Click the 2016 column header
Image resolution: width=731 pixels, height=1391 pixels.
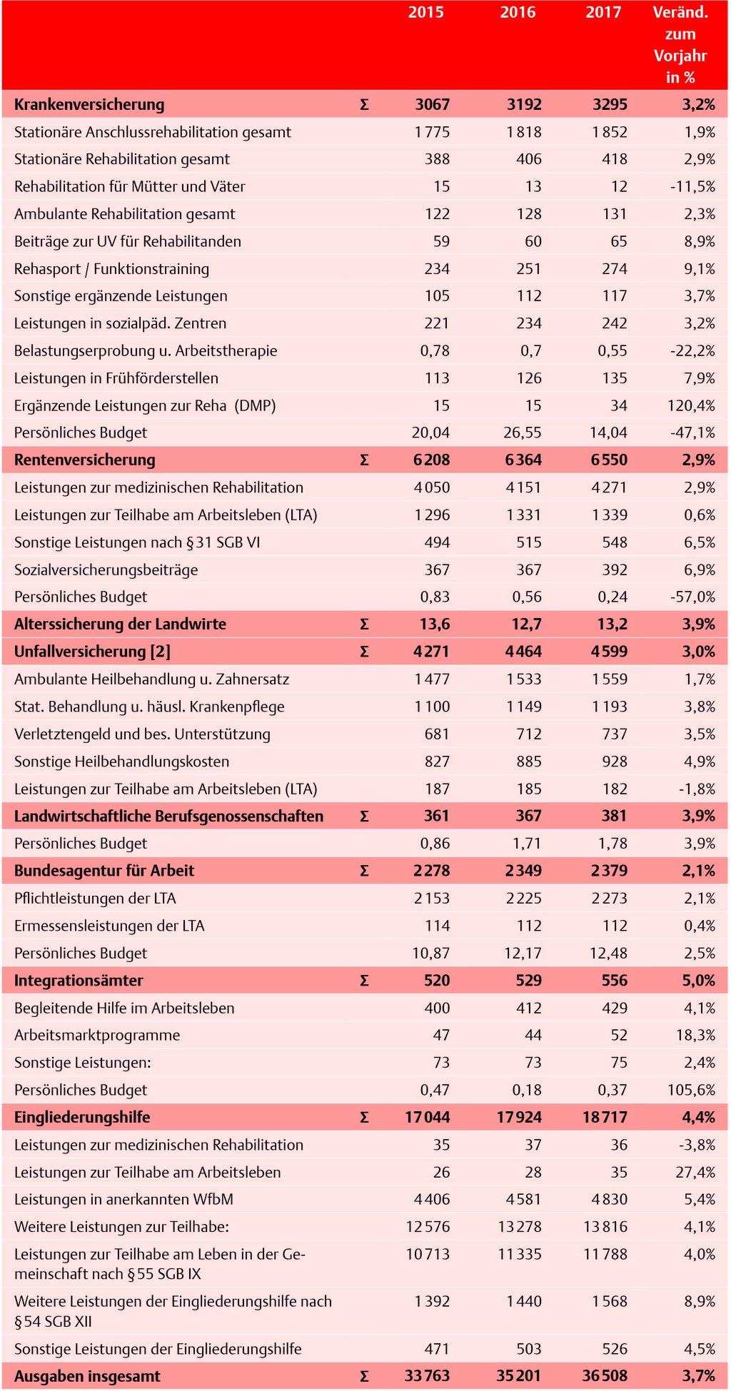pyautogui.click(x=518, y=12)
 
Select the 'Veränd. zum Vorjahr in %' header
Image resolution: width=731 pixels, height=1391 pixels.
pyautogui.click(x=680, y=44)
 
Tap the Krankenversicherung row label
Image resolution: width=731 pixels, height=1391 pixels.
pyautogui.click(x=89, y=104)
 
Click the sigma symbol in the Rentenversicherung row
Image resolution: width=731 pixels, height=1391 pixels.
pyautogui.click(x=364, y=460)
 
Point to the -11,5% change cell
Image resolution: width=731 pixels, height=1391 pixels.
pyautogui.click(x=692, y=186)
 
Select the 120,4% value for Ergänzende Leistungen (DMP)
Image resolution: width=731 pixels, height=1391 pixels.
pyautogui.click(x=691, y=405)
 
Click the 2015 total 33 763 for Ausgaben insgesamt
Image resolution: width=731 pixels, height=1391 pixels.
pyautogui.click(x=427, y=1375)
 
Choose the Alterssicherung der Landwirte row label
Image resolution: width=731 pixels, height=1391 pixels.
pyautogui.click(x=120, y=624)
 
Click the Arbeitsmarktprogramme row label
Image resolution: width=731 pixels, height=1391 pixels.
pyautogui.click(x=97, y=1035)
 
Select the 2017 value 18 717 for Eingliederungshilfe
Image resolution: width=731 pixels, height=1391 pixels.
pyautogui.click(x=605, y=1117)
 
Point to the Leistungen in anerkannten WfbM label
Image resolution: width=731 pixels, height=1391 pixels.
pyautogui.click(x=123, y=1199)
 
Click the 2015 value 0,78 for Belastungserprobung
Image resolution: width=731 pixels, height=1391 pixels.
pyautogui.click(x=435, y=350)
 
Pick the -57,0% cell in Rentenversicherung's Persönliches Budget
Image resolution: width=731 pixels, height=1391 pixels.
pyautogui.click(x=692, y=597)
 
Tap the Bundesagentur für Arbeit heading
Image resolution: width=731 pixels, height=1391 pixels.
pyautogui.click(x=104, y=871)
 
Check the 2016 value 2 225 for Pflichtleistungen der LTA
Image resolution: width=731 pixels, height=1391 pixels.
pyautogui.click(x=524, y=898)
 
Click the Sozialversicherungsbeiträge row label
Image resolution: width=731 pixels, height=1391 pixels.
pyautogui.click(x=106, y=570)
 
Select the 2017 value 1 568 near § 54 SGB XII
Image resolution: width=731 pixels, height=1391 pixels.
pyautogui.click(x=609, y=1301)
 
